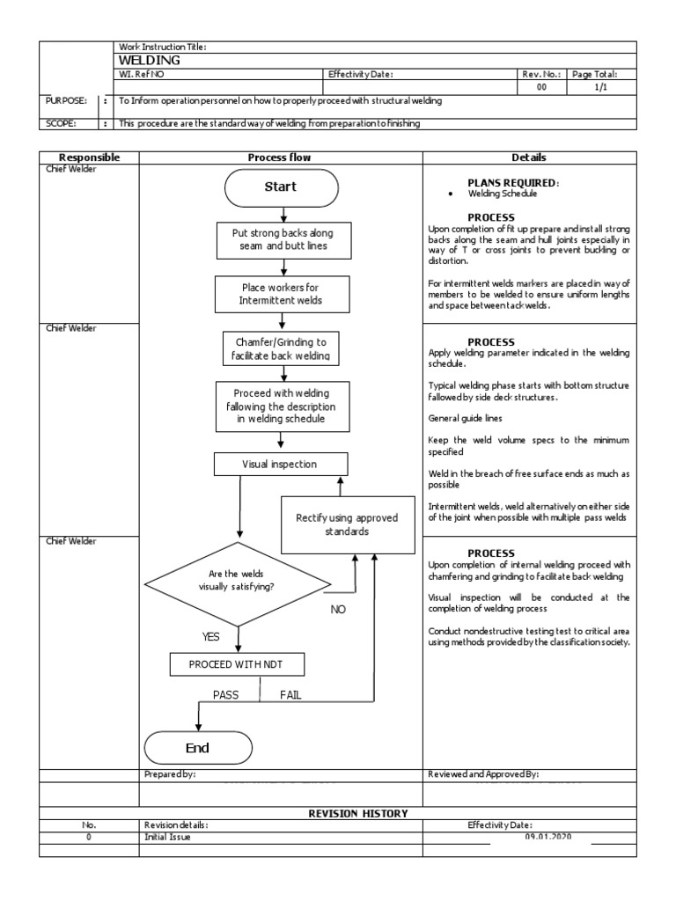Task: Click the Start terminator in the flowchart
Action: (x=281, y=187)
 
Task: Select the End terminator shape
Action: (x=198, y=748)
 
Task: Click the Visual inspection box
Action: (x=280, y=464)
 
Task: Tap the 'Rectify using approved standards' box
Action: (x=347, y=524)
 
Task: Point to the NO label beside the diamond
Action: (x=339, y=609)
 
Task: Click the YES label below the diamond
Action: (x=211, y=635)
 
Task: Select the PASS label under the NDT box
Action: (x=225, y=694)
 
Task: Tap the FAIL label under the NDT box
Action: (x=290, y=694)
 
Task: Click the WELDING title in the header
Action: (x=149, y=60)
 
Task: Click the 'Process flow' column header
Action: (x=280, y=157)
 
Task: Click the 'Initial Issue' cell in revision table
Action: (x=166, y=838)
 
